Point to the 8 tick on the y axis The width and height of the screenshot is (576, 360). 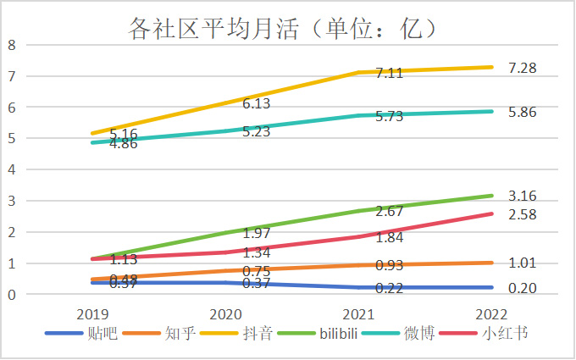(x=12, y=45)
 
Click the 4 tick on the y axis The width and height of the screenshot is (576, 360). (x=12, y=169)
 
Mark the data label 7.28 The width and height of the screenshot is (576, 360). (x=523, y=67)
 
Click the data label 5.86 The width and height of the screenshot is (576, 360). (x=523, y=111)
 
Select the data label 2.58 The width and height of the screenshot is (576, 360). (x=523, y=214)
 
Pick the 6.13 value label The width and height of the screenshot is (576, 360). (x=257, y=103)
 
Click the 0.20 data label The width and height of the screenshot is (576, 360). (x=523, y=288)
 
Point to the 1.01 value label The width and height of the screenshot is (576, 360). (x=523, y=263)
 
